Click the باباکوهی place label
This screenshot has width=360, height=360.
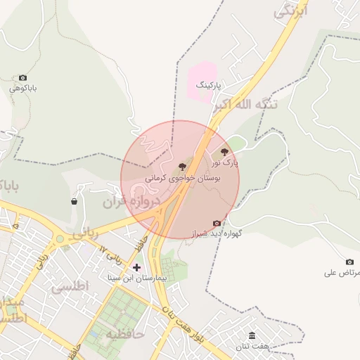coord(23,89)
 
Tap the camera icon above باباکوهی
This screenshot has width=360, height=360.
coord(23,77)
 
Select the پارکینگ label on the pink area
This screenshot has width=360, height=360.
coord(208,85)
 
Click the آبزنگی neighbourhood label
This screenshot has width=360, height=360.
coord(290,11)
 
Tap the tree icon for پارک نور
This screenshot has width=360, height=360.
coord(225,150)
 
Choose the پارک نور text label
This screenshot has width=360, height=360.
coord(226,162)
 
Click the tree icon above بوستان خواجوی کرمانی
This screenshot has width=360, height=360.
coord(183,167)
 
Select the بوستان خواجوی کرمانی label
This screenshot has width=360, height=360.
coord(183,179)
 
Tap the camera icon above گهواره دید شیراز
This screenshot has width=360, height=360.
coord(217,223)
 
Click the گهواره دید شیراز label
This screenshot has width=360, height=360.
coord(217,233)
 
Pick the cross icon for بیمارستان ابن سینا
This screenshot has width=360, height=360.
coord(136,267)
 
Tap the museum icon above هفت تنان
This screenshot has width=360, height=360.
coord(252,335)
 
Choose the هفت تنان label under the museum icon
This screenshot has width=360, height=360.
coord(252,347)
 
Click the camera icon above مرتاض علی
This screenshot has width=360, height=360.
coord(349,262)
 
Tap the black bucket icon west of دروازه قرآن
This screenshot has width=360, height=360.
coord(75,202)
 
